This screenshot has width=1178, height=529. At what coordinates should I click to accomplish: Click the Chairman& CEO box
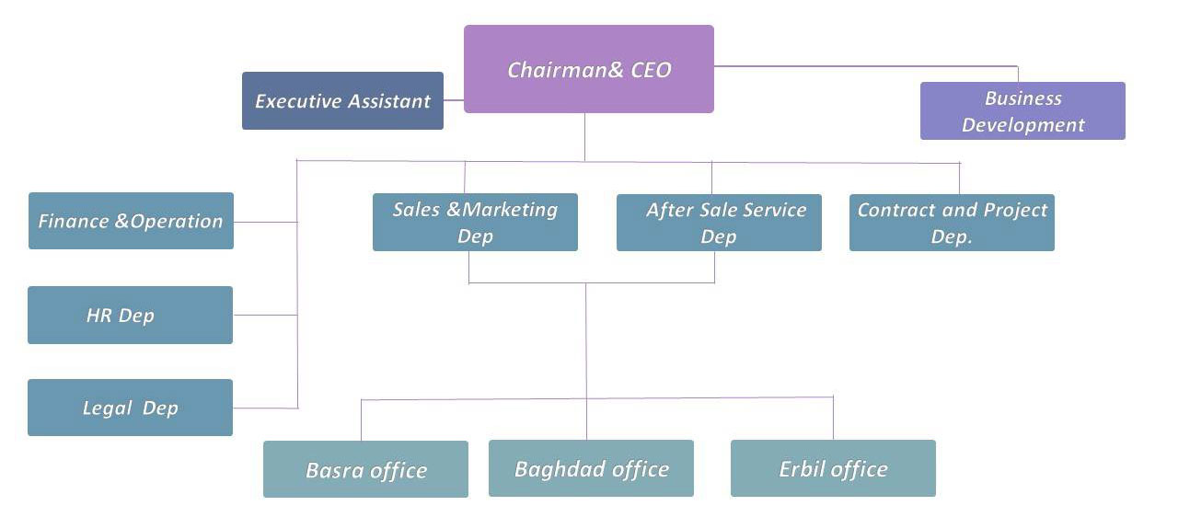point(589,69)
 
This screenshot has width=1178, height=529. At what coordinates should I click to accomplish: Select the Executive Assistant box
point(342,101)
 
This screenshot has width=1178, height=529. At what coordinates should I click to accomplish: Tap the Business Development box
point(1022,111)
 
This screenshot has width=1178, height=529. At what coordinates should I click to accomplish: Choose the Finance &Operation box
point(131,221)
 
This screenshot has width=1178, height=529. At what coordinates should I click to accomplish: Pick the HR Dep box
point(130,316)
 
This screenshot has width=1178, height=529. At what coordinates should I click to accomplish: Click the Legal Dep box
point(130,408)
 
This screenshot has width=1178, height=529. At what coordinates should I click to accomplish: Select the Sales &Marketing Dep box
point(475,222)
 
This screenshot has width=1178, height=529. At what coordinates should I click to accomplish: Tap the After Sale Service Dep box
point(719,222)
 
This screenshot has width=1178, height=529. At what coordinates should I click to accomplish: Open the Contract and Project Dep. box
point(952,223)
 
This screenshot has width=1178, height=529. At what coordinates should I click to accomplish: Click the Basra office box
point(365,469)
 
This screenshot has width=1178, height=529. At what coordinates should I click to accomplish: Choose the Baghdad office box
point(591,468)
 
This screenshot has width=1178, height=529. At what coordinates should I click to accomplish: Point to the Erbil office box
point(833,468)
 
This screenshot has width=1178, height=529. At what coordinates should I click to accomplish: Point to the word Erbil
point(800,469)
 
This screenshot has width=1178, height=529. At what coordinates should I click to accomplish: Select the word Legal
point(108,408)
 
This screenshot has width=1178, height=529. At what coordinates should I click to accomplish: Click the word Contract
point(891,210)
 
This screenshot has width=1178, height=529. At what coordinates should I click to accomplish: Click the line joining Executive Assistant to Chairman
point(454,100)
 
